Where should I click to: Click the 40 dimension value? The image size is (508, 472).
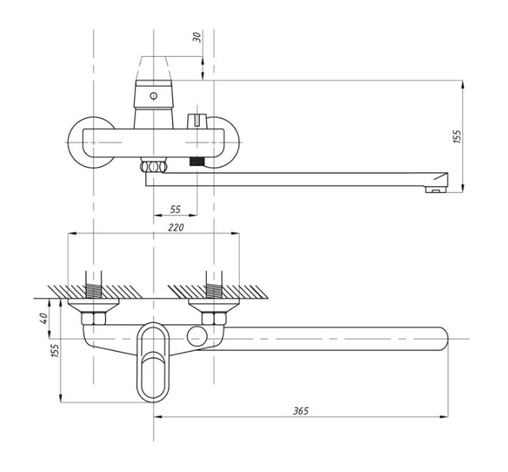coord(44,318)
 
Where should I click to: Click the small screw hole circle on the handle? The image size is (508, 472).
coord(152,97)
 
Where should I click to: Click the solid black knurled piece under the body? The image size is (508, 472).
coord(197,165)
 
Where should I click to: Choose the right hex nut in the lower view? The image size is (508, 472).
coord(212,318)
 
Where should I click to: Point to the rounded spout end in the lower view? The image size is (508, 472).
coord(442,339)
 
